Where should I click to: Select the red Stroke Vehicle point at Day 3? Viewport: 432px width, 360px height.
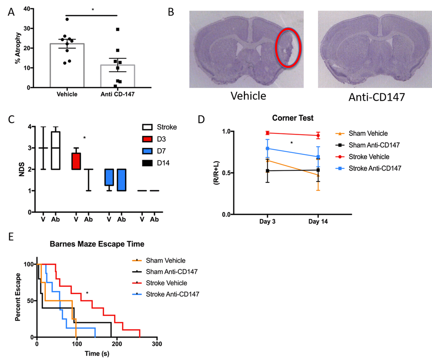(268, 133)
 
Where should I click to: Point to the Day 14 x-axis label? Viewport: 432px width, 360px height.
(318, 222)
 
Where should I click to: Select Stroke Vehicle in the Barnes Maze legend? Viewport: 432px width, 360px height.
(166, 282)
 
